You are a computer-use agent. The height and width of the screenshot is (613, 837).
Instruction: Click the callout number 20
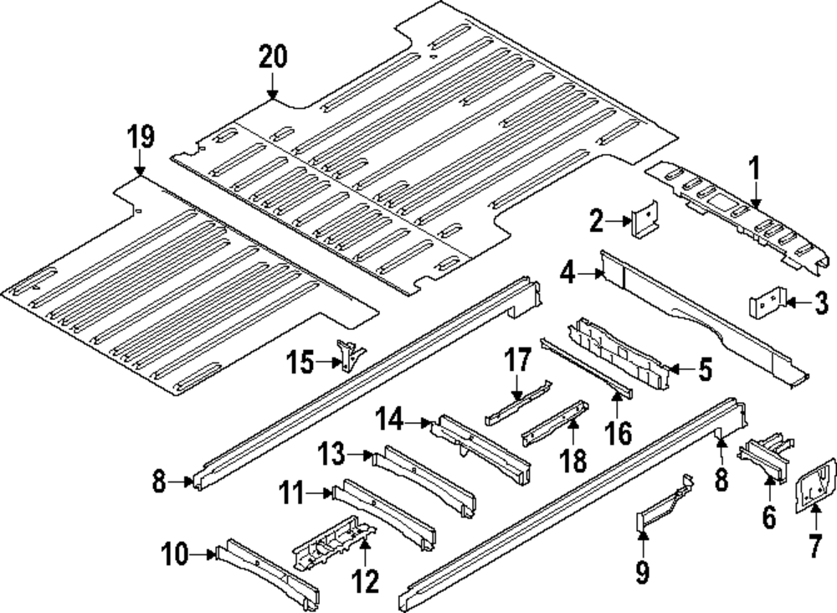click(273, 57)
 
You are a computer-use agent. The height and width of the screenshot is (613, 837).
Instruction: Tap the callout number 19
click(141, 136)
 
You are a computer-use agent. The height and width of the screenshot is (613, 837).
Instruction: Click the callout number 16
click(619, 433)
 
